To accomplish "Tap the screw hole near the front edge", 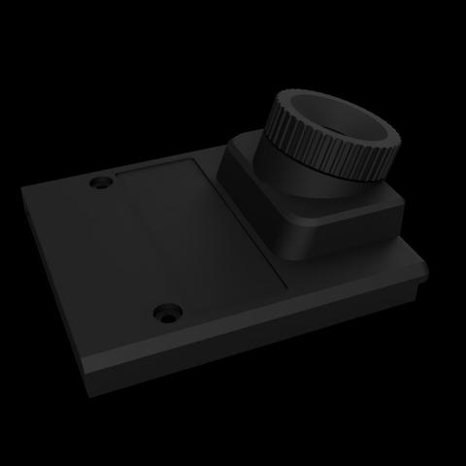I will click(170, 314).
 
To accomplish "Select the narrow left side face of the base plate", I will click(53, 291).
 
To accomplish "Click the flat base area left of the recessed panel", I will click(97, 252).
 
